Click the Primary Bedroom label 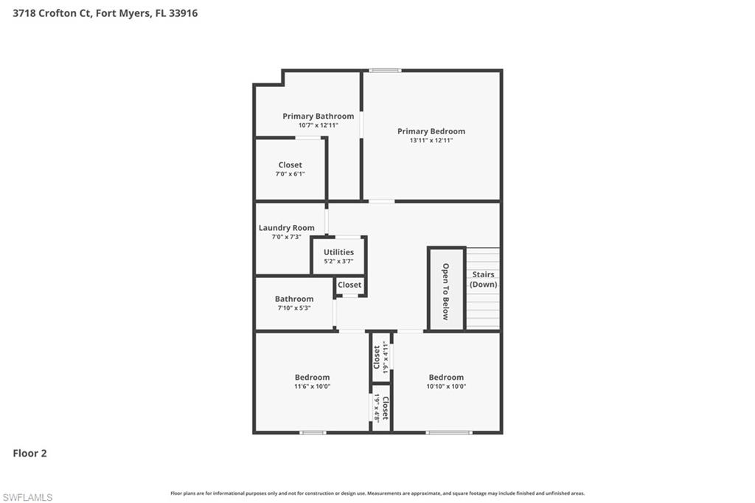(431, 131)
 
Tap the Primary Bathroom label (318, 116)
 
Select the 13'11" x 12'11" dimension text (431, 140)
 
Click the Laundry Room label (286, 228)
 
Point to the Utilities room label (338, 252)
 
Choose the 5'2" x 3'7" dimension (338, 261)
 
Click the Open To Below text (445, 291)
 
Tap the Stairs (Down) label (484, 279)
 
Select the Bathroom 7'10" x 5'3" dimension (294, 308)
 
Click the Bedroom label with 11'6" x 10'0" (312, 377)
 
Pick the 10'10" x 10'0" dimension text (446, 386)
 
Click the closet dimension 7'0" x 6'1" (290, 174)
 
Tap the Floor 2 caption (29, 454)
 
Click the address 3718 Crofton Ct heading (105, 13)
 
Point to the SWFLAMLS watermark (27, 497)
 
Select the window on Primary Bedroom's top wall (385, 70)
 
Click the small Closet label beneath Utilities (349, 285)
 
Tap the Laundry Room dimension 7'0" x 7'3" (286, 237)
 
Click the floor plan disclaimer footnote (377, 493)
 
